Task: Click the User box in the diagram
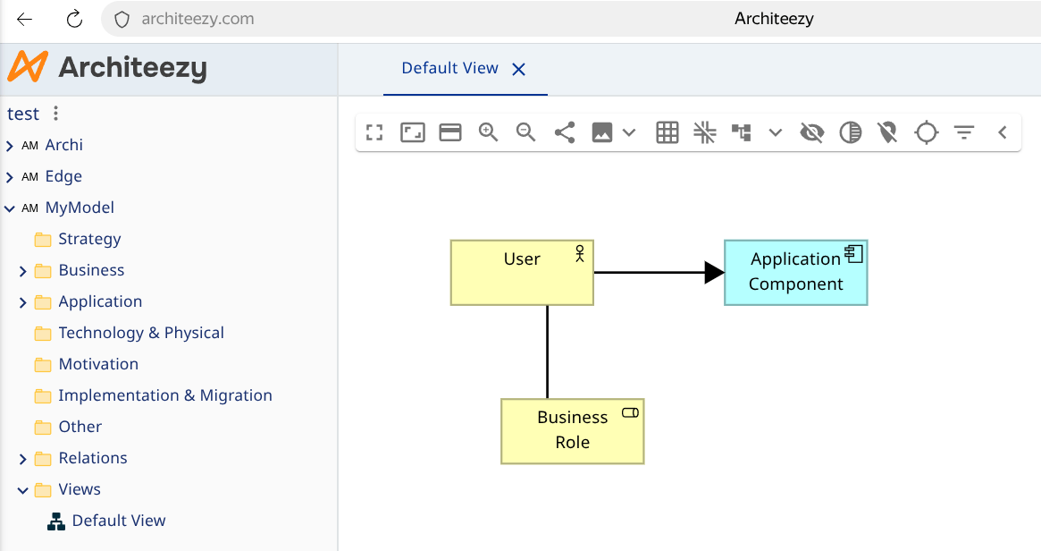(x=522, y=273)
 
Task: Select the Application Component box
(x=796, y=273)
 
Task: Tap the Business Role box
(x=572, y=431)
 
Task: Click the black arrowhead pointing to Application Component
(x=714, y=273)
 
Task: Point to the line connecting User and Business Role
(x=547, y=352)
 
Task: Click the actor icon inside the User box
(x=580, y=253)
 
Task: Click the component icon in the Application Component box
(x=853, y=254)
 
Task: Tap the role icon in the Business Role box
(x=630, y=412)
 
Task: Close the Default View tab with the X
(x=518, y=69)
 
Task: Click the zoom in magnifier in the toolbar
(x=488, y=132)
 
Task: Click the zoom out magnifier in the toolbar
(x=525, y=132)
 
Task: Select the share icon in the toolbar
(x=565, y=132)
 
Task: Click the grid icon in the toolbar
(x=667, y=132)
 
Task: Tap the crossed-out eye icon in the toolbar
(x=812, y=132)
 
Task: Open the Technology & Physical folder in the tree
(x=141, y=333)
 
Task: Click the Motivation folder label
(x=98, y=363)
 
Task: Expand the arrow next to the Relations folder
(x=22, y=459)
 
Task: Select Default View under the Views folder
(x=119, y=521)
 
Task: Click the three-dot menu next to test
(x=55, y=113)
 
